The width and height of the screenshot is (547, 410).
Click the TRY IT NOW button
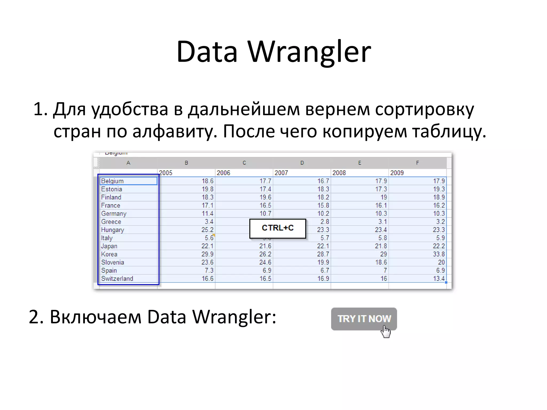364,319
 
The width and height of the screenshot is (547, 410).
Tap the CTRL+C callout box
278,228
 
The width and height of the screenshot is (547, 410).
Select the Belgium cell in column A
128,181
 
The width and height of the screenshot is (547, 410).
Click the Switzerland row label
117,279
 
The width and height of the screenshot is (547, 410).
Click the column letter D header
302,163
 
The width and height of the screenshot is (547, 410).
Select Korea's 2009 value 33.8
439,254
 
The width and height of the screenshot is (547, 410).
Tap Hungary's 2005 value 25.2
207,230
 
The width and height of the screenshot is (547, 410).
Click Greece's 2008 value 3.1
382,222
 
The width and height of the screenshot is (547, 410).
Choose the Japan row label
109,246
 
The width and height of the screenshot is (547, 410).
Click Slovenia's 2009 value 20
441,262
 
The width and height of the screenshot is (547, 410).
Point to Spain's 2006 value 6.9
267,270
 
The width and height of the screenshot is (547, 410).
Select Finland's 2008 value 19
384,197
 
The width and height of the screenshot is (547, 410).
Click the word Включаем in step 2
95,317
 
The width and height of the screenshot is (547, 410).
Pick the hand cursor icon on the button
386,332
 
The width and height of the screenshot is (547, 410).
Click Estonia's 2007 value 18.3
323,189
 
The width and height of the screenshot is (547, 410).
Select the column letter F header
417,163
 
